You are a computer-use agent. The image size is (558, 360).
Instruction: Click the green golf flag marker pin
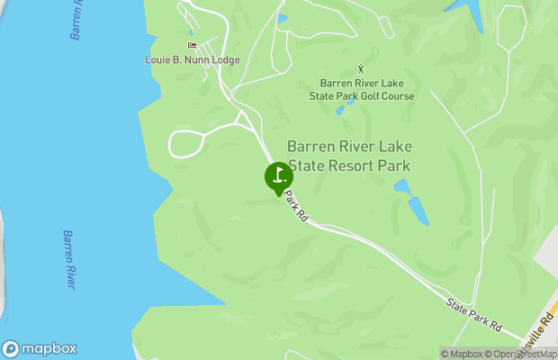279,175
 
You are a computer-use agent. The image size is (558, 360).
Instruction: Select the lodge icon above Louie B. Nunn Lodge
191,45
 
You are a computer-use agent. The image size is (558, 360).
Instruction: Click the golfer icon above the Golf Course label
362,67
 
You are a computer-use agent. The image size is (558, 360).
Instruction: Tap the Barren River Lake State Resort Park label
348,156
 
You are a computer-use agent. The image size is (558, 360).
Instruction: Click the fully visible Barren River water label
68,260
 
